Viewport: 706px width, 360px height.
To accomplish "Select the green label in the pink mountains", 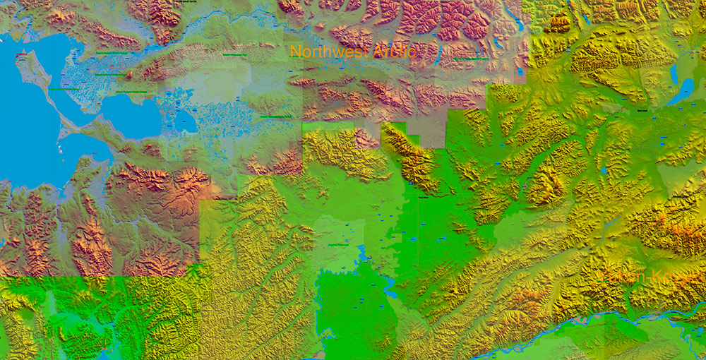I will (x=469, y=59).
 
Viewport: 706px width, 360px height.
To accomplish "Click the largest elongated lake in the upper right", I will (x=681, y=91).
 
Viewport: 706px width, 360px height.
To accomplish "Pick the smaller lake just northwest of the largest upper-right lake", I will (x=674, y=71).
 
